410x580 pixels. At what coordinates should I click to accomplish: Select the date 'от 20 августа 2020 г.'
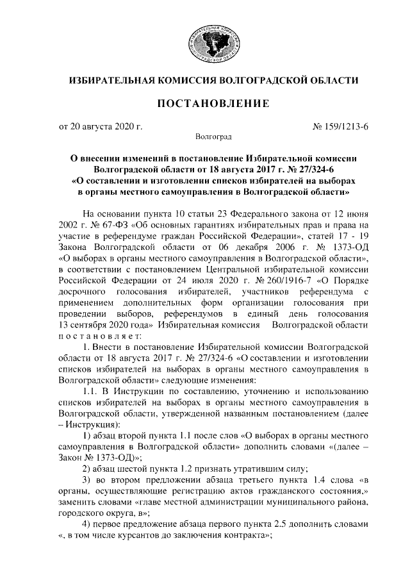101,126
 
